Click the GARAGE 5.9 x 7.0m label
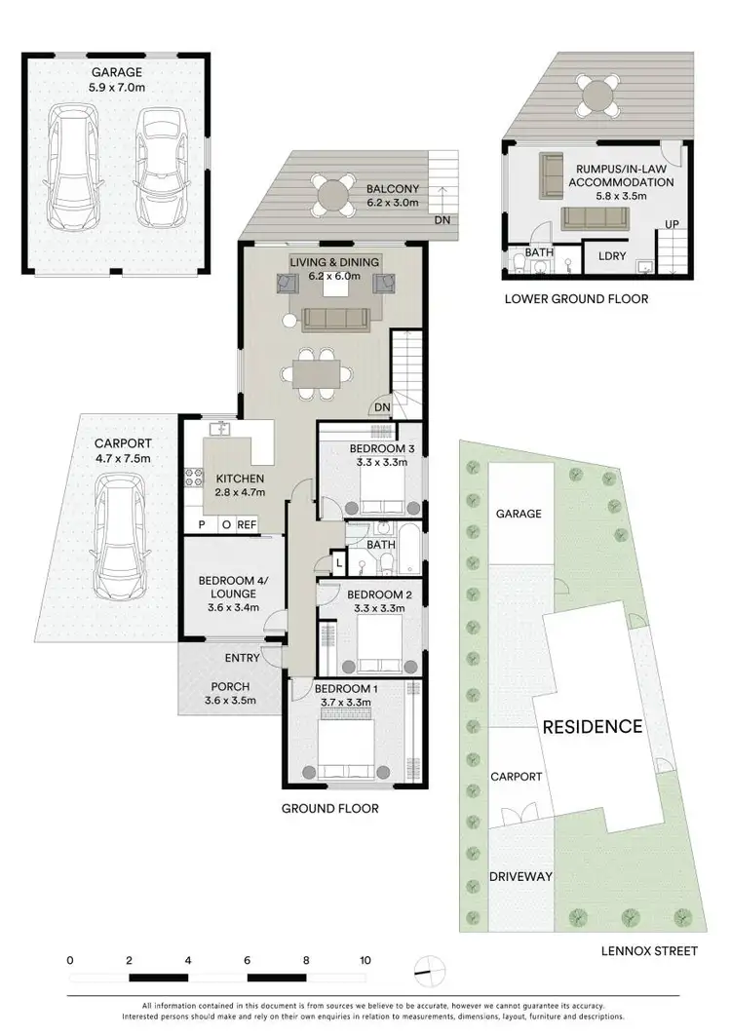click(x=117, y=78)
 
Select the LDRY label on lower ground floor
click(x=612, y=255)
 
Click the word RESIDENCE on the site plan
click(x=592, y=726)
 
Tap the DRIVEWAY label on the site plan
click(x=520, y=876)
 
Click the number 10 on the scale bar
click(x=365, y=960)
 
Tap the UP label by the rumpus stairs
click(x=672, y=224)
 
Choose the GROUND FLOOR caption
click(x=329, y=808)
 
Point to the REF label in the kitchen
click(x=247, y=524)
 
